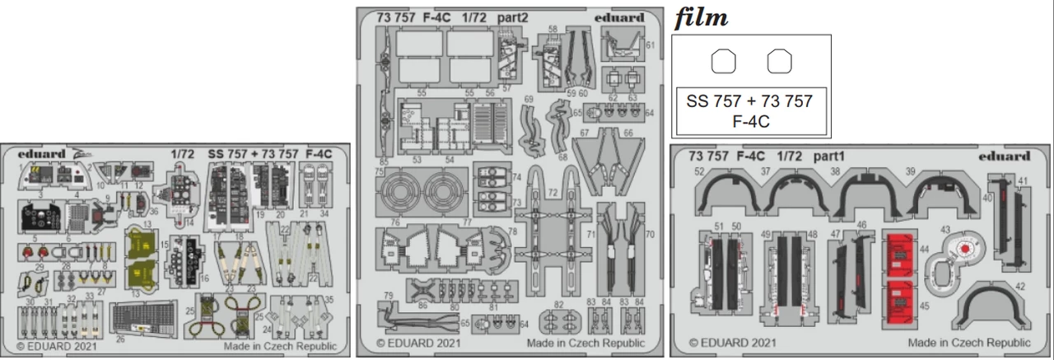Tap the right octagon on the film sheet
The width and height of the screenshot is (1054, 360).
(x=779, y=62)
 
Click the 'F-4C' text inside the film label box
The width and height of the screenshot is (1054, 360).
(x=749, y=121)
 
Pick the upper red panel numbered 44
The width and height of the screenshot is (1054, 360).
(x=899, y=251)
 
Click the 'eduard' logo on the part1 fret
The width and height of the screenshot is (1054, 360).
(x=1004, y=155)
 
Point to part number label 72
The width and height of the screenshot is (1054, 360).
(x=553, y=192)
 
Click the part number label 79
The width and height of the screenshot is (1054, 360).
(x=387, y=295)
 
